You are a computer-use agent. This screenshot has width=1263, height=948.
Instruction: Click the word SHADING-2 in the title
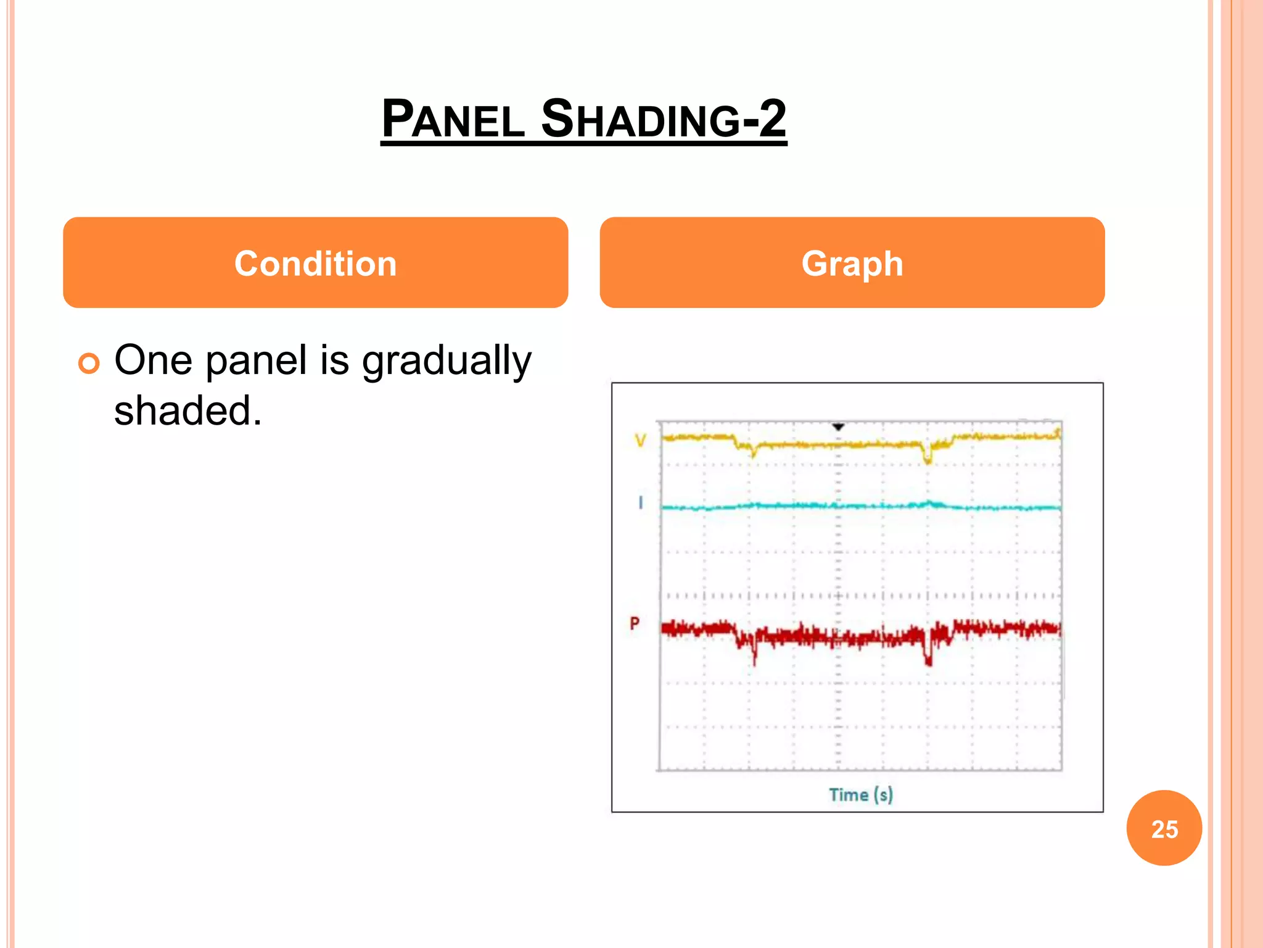pos(664,118)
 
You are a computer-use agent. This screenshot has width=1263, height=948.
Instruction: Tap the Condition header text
pos(315,264)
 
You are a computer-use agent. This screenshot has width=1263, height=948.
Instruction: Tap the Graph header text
pos(852,264)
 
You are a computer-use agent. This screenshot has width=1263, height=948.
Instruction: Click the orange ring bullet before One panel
pos(89,364)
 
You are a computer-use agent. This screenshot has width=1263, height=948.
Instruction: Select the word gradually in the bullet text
pos(446,361)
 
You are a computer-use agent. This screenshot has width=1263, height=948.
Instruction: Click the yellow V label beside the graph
pos(641,440)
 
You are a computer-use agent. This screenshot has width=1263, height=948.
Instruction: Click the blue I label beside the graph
pos(641,503)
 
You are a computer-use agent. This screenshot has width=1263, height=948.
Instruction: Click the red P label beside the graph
pos(635,623)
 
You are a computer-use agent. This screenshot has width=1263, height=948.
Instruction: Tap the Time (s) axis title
pos(860,795)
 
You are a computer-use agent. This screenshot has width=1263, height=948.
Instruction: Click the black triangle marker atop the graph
pos(838,427)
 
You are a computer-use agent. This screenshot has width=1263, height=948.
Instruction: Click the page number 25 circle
pos(1164,828)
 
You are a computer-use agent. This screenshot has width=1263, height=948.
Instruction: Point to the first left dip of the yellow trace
pos(753,454)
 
